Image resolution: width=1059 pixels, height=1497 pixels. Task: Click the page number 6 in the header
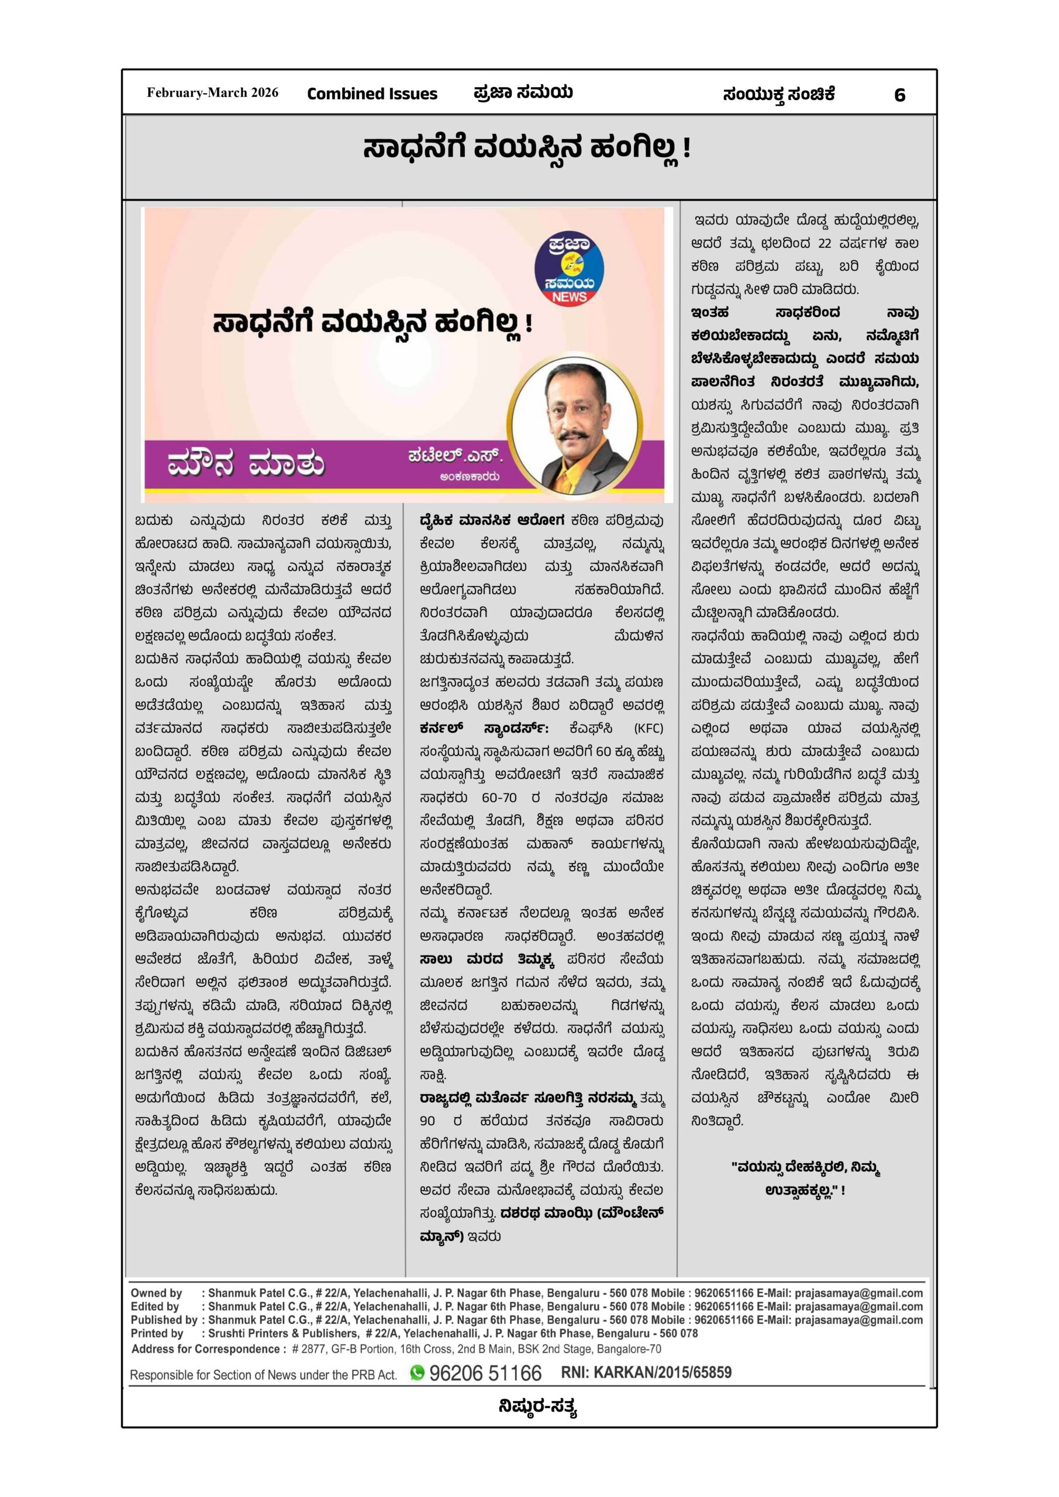(899, 95)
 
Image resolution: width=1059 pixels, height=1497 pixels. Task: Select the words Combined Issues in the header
(372, 94)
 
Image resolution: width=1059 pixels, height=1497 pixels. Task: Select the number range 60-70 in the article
(499, 798)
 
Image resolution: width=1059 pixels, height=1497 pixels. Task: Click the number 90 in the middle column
(428, 1121)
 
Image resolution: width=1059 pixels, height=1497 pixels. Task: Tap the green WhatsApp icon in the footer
(418, 1372)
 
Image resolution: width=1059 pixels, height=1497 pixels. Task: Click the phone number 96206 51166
(485, 1373)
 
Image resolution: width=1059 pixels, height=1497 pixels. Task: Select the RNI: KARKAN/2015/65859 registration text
(646, 1372)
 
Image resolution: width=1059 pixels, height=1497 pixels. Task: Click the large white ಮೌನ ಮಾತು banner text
(246, 465)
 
